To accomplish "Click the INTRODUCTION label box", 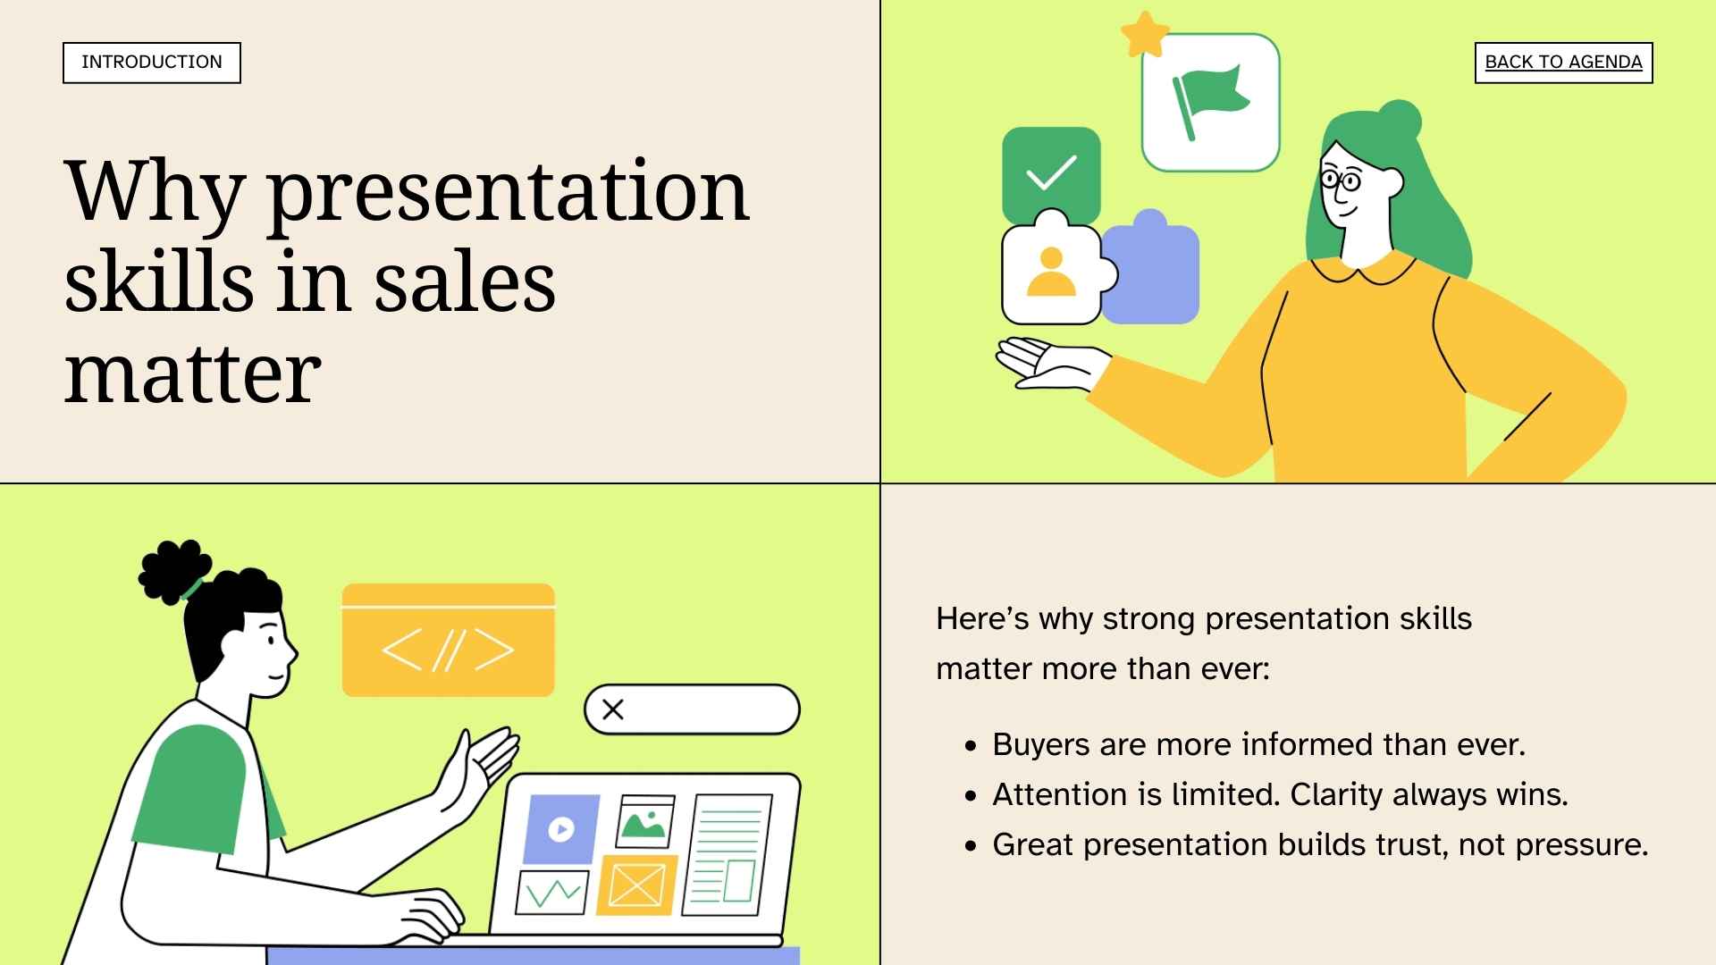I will tap(152, 63).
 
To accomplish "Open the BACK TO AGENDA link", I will tap(1563, 63).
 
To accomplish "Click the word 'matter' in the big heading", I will tap(192, 373).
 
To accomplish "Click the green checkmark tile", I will tap(1051, 172).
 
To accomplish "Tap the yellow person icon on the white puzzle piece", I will tap(1051, 273).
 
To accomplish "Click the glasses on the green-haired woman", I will tap(1340, 181).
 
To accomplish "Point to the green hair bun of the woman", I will tap(1399, 121).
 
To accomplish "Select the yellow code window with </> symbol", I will tap(448, 641).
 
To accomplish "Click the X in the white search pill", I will tap(613, 709).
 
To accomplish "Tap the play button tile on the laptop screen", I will tap(561, 829).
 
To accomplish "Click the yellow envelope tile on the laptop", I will tap(636, 885).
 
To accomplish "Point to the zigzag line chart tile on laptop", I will tap(552, 892).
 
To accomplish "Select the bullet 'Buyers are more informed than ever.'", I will tap(1258, 744).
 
